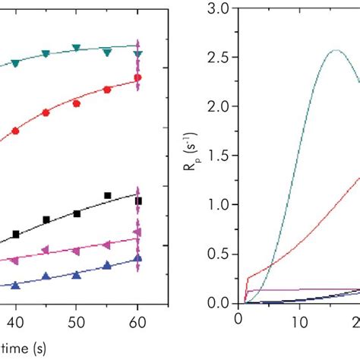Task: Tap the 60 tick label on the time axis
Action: [x=137, y=322]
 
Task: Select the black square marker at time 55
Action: [x=107, y=196]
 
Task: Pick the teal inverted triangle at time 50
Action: [x=76, y=49]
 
